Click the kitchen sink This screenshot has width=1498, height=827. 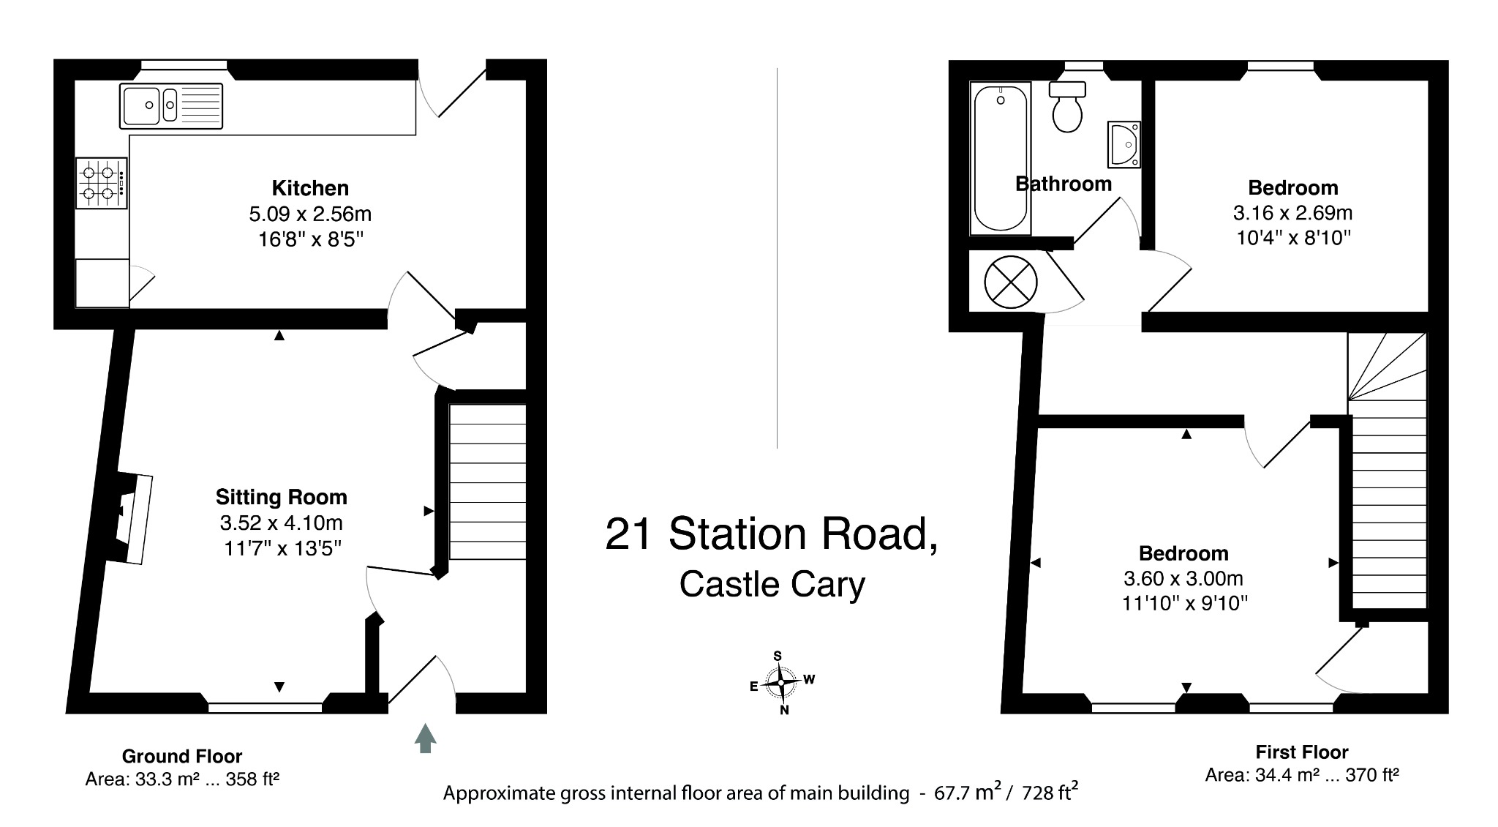[x=170, y=105]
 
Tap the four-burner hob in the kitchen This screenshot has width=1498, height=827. [x=101, y=183]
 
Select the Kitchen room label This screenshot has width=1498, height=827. [x=310, y=188]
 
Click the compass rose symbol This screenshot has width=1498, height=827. [x=781, y=683]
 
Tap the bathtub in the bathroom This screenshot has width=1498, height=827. [x=1000, y=158]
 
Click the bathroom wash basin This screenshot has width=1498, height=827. [x=1123, y=144]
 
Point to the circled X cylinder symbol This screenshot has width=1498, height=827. [x=1010, y=282]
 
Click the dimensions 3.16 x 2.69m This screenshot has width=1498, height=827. [x=1292, y=213]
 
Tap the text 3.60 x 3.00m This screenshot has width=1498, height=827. [x=1183, y=578]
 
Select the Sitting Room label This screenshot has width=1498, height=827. [x=281, y=498]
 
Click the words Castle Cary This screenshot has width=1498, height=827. [x=772, y=584]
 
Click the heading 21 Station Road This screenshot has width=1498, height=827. [x=771, y=534]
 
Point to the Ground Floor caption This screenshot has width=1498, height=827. [x=181, y=756]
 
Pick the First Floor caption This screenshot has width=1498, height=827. [x=1301, y=752]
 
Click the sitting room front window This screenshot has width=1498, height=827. [x=265, y=707]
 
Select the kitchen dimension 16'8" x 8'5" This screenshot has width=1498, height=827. [x=310, y=239]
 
